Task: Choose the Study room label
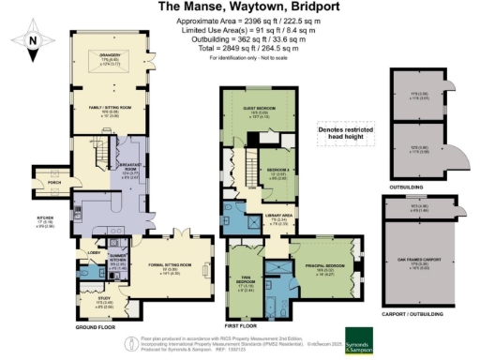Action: click(84, 302)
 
